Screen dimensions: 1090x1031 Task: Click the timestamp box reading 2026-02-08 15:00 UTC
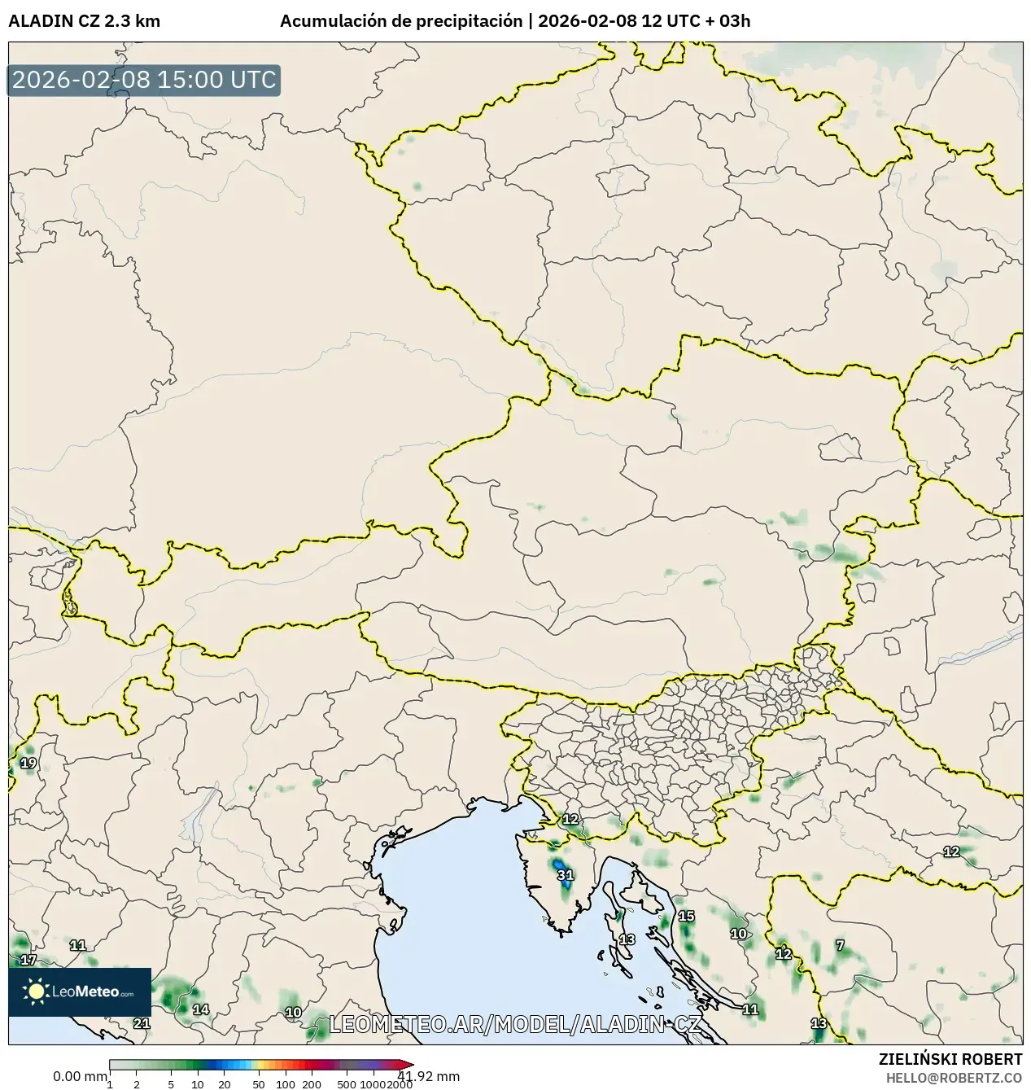pyautogui.click(x=144, y=80)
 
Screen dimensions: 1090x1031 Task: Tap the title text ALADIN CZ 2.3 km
pyautogui.click(x=84, y=21)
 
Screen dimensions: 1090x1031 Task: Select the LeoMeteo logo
pyautogui.click(x=80, y=992)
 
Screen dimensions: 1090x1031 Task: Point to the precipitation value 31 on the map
pyautogui.click(x=566, y=875)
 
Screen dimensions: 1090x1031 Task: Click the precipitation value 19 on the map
pyautogui.click(x=28, y=763)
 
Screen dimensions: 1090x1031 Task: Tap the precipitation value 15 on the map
pyautogui.click(x=687, y=916)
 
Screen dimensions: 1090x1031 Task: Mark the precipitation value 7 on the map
pyautogui.click(x=841, y=945)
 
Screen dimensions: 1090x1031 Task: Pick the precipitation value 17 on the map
pyautogui.click(x=28, y=960)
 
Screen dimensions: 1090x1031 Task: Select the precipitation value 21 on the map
pyautogui.click(x=142, y=1023)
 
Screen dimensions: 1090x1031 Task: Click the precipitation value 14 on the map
pyautogui.click(x=200, y=1009)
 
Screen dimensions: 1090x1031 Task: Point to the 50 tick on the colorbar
pyautogui.click(x=259, y=1083)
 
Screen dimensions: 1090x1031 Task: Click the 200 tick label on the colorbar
pyautogui.click(x=312, y=1083)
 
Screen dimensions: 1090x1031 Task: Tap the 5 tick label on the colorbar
pyautogui.click(x=171, y=1083)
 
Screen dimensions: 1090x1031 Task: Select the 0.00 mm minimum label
pyautogui.click(x=79, y=1076)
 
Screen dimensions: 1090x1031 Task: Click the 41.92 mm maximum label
pyautogui.click(x=429, y=1076)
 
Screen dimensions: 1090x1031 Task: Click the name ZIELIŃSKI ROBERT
pyautogui.click(x=950, y=1059)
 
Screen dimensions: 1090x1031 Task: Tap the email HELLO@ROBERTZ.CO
pyautogui.click(x=954, y=1077)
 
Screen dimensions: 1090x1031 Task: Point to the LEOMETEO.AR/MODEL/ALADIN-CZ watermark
pyautogui.click(x=514, y=1024)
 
